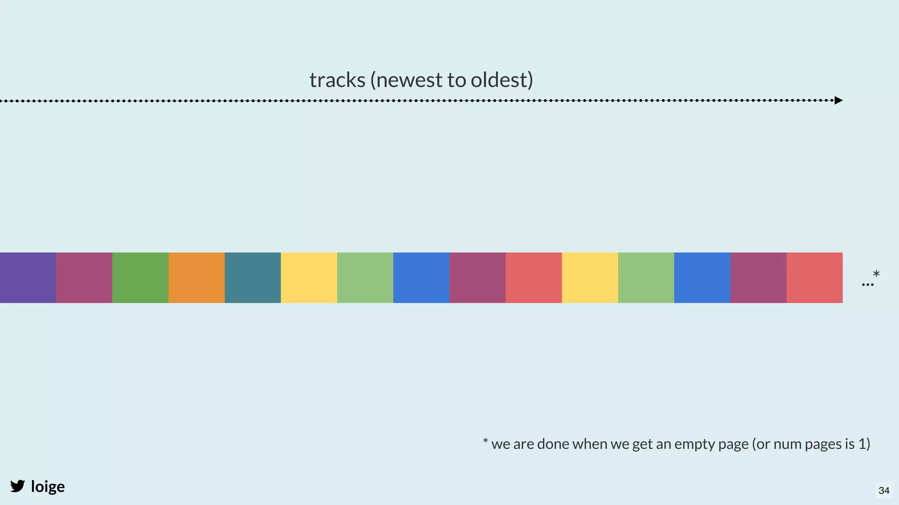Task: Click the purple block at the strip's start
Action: (28, 277)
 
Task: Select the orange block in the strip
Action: (197, 277)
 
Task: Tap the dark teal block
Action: (253, 277)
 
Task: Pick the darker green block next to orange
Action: (140, 277)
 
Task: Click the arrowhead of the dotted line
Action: (838, 100)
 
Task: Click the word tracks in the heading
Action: (337, 80)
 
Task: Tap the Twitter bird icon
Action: (18, 486)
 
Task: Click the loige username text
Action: (48, 487)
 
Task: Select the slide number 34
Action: (884, 491)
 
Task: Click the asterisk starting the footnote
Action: (485, 441)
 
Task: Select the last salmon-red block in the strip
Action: (815, 277)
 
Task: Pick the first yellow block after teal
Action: (309, 277)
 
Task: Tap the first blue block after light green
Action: (421, 277)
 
